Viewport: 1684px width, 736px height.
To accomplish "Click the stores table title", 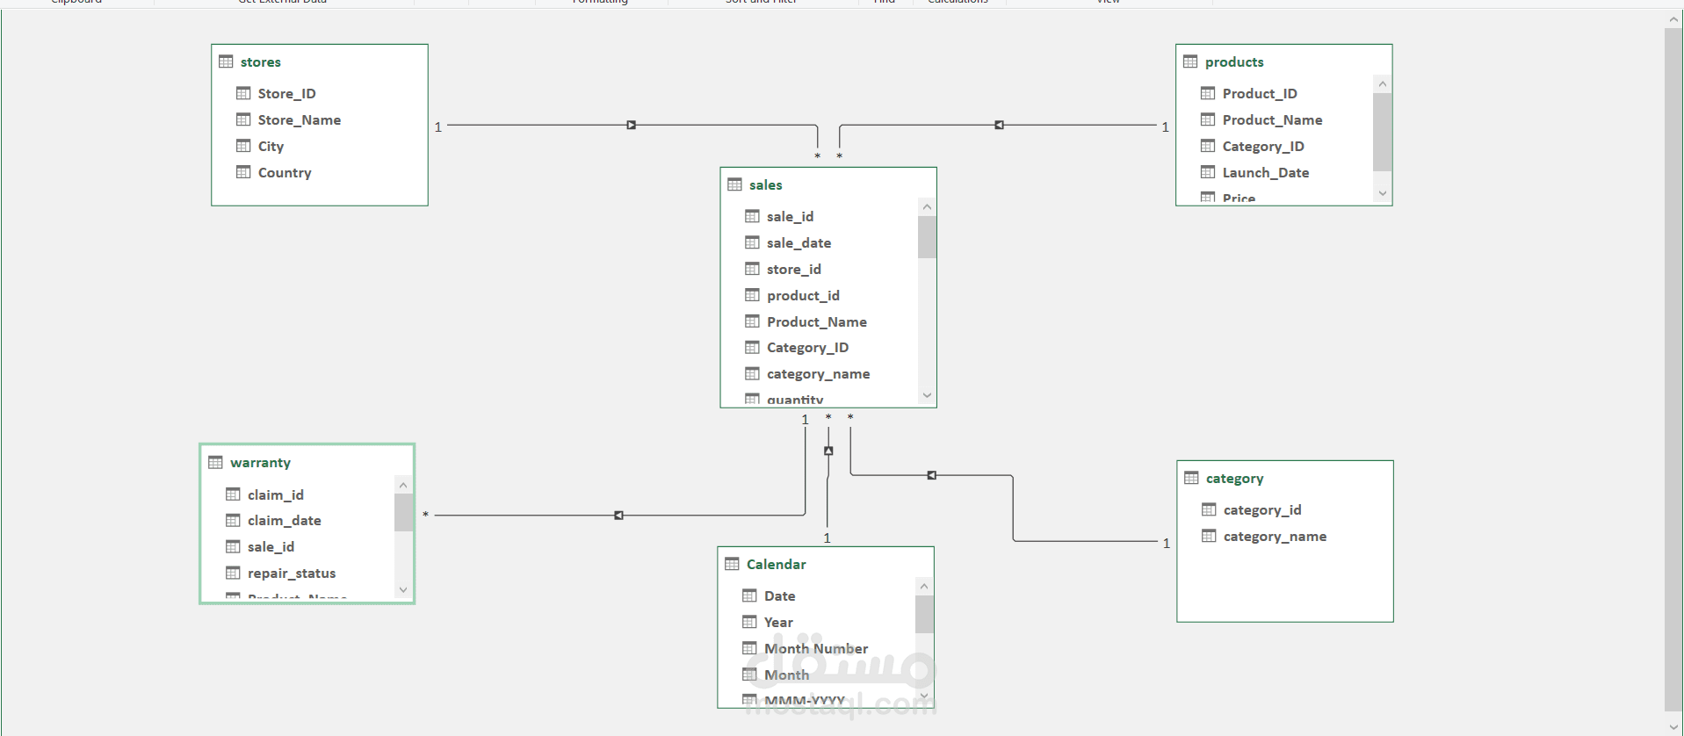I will (x=260, y=62).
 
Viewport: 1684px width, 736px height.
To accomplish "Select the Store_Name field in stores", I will (x=299, y=120).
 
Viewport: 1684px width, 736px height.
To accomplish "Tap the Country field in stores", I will (x=284, y=173).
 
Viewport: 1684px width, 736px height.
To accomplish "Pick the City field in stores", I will (x=271, y=147).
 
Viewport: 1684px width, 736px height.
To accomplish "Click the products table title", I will (x=1233, y=62).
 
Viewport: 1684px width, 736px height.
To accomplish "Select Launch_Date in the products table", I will (x=1265, y=173).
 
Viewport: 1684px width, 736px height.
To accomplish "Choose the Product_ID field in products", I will (x=1259, y=94).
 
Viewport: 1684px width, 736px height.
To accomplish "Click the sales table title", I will (x=765, y=185).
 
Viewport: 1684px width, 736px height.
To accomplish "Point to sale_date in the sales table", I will (x=798, y=243).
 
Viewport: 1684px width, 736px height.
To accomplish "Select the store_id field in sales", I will (x=793, y=270).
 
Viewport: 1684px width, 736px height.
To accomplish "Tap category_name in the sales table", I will (x=817, y=374).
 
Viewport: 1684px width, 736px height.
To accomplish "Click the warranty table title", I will (x=260, y=463).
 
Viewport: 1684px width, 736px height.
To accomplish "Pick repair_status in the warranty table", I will (x=291, y=574).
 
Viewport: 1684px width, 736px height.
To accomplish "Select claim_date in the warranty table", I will (x=284, y=521).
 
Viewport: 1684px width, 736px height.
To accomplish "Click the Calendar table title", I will (x=776, y=565).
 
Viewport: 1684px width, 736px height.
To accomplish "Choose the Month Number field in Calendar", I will (x=815, y=649).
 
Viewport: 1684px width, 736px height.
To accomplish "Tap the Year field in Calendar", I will (x=777, y=623).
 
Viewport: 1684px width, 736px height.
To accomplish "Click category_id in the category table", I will (x=1261, y=510).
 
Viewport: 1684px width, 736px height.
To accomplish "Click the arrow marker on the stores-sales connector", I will (x=631, y=126).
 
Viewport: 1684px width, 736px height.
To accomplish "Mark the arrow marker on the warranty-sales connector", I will (x=618, y=516).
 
